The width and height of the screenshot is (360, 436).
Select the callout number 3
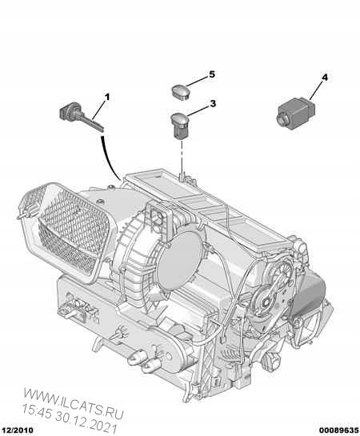213,104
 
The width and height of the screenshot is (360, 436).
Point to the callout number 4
324,78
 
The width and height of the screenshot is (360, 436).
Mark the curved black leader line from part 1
110,155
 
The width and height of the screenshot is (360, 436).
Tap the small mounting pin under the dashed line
183,170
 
